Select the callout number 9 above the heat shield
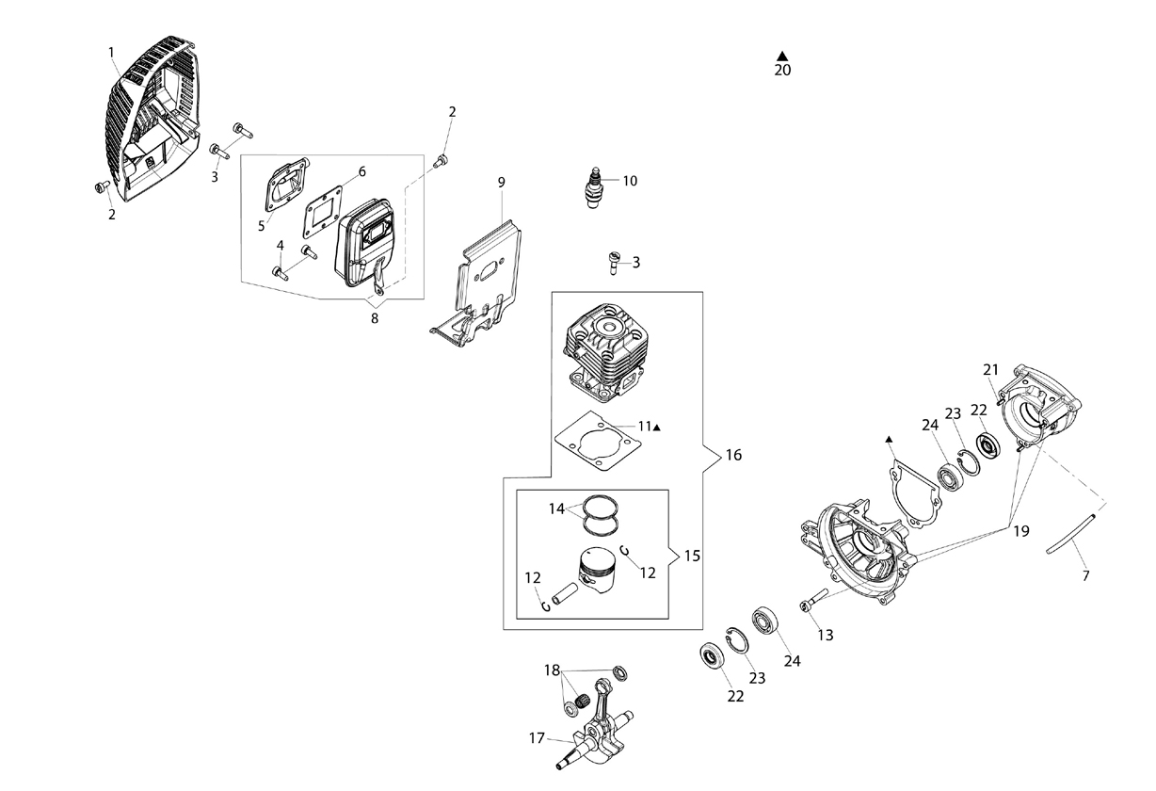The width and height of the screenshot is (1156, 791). pyautogui.click(x=501, y=183)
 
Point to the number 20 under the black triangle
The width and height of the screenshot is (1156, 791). pyautogui.click(x=782, y=71)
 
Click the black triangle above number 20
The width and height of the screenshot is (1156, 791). pyautogui.click(x=782, y=56)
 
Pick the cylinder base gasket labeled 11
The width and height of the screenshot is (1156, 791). pyautogui.click(x=598, y=442)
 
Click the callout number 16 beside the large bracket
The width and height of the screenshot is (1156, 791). pyautogui.click(x=733, y=455)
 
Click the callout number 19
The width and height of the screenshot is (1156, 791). pyautogui.click(x=1020, y=531)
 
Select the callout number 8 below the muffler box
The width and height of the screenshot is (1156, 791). pyautogui.click(x=374, y=318)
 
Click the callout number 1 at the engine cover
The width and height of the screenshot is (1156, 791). pyautogui.click(x=111, y=52)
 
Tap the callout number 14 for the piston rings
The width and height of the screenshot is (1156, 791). pyautogui.click(x=556, y=509)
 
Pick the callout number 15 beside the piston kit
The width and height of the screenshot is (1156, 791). pyautogui.click(x=692, y=556)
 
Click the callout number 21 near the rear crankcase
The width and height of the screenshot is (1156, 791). pyautogui.click(x=990, y=370)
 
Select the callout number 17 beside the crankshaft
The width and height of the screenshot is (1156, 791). pyautogui.click(x=537, y=738)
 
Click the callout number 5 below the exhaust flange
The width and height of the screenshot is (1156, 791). pyautogui.click(x=261, y=226)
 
